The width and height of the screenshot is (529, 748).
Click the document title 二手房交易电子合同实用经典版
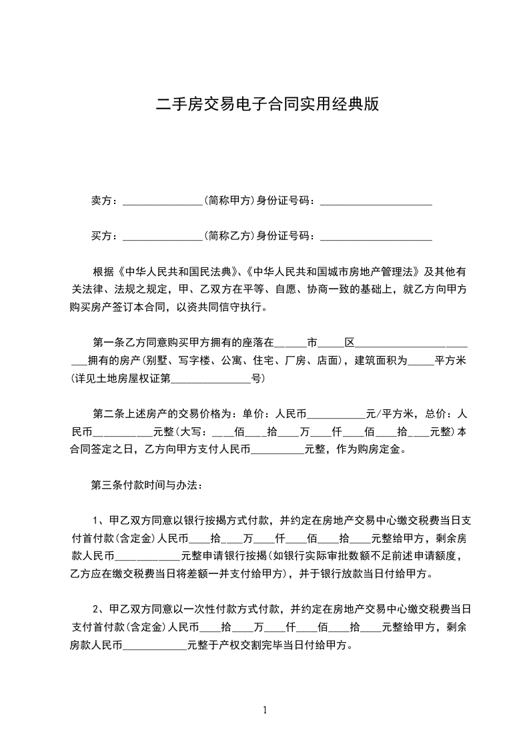267,105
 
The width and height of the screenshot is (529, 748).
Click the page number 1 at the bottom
265,709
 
